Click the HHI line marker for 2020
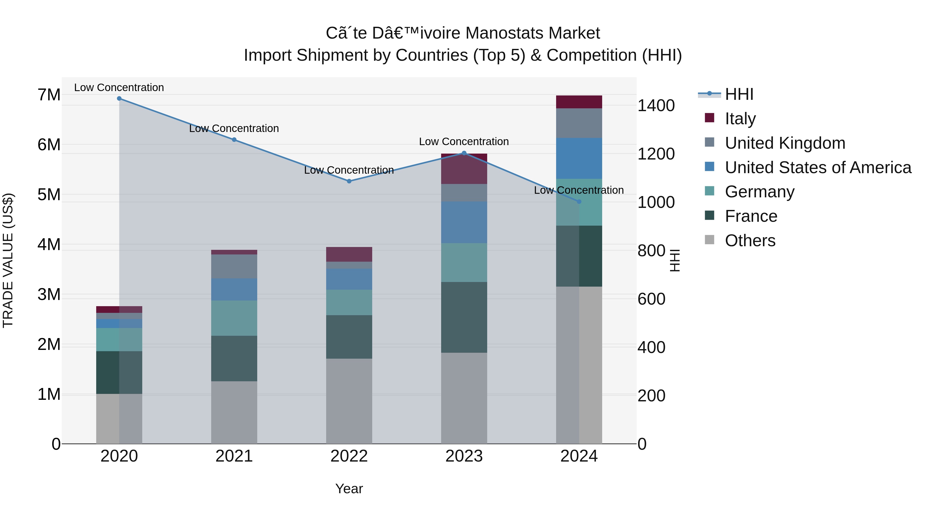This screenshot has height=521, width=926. [119, 99]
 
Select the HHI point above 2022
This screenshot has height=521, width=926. [349, 181]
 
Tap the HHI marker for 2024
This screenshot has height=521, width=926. [579, 202]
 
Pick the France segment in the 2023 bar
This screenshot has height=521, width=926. [464, 317]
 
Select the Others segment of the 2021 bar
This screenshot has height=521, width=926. [234, 412]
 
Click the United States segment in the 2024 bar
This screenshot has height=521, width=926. [579, 158]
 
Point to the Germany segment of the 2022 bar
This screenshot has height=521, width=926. [349, 302]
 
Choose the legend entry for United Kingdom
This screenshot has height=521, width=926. [785, 143]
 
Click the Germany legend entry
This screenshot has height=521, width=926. [759, 192]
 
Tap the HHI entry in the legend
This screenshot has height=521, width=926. [739, 94]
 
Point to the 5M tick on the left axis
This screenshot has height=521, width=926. [49, 195]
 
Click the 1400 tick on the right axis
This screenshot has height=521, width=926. [656, 106]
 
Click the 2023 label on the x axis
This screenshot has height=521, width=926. [464, 456]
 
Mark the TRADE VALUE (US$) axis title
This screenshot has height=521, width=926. [8, 260]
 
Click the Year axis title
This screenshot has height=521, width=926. [349, 489]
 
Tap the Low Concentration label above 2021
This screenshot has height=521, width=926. [234, 128]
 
